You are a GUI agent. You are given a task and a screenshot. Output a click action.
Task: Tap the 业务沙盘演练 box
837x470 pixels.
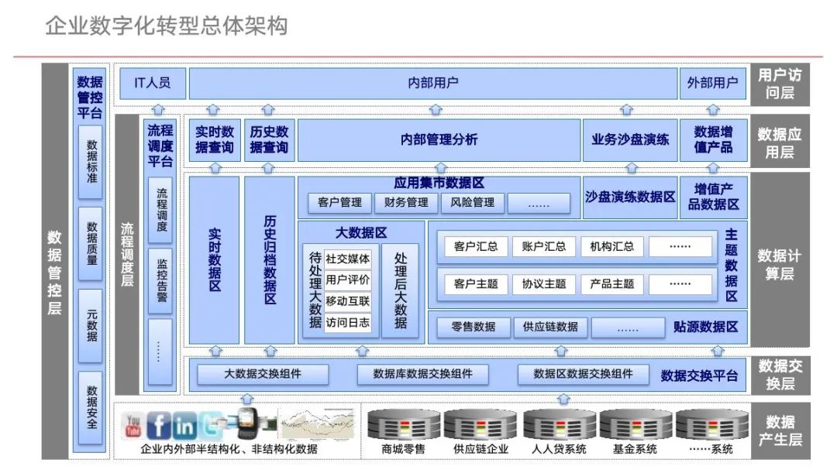tap(629, 140)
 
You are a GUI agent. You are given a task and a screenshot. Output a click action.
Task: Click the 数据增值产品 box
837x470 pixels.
tap(712, 140)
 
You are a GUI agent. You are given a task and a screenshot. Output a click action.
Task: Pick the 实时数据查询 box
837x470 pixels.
tap(214, 140)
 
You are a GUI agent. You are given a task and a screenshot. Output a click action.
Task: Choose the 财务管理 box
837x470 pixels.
tap(406, 203)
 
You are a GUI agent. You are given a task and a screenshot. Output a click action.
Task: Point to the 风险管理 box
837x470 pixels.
tap(473, 203)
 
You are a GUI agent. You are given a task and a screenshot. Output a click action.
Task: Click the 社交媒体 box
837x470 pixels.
tap(347, 259)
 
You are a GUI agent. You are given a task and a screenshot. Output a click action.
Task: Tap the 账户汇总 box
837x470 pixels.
tap(544, 247)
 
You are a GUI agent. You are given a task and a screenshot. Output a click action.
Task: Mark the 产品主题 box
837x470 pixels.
tap(612, 283)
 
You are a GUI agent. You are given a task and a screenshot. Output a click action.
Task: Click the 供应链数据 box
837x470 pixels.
tap(550, 327)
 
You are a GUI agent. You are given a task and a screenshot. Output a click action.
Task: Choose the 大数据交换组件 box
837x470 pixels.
tap(263, 375)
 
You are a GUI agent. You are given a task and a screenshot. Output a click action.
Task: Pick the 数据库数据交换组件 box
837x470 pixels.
tap(422, 375)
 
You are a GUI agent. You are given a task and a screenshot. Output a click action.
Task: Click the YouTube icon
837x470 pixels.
tap(133, 425)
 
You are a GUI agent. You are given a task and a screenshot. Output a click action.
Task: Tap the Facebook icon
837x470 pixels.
tap(159, 425)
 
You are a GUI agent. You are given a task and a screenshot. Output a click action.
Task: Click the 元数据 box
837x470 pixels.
tap(91, 326)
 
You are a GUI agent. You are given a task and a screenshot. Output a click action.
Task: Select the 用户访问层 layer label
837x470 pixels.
tap(779, 84)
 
